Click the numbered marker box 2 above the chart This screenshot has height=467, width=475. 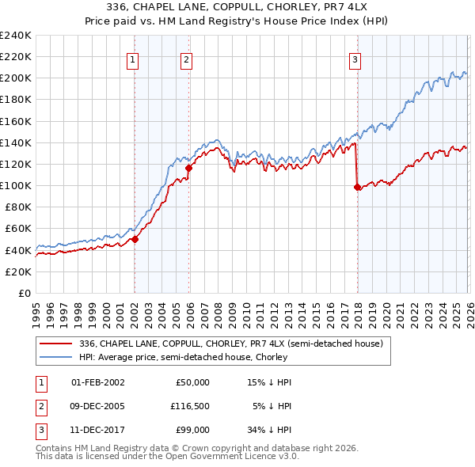click(x=185, y=59)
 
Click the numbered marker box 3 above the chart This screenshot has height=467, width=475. click(x=355, y=59)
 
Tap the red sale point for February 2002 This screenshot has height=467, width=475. click(x=135, y=239)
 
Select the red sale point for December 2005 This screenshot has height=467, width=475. click(x=188, y=168)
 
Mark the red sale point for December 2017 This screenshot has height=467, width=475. click(x=357, y=187)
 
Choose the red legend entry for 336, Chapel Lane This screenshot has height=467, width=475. click(x=230, y=344)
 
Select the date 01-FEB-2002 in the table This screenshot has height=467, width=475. click(x=97, y=382)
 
